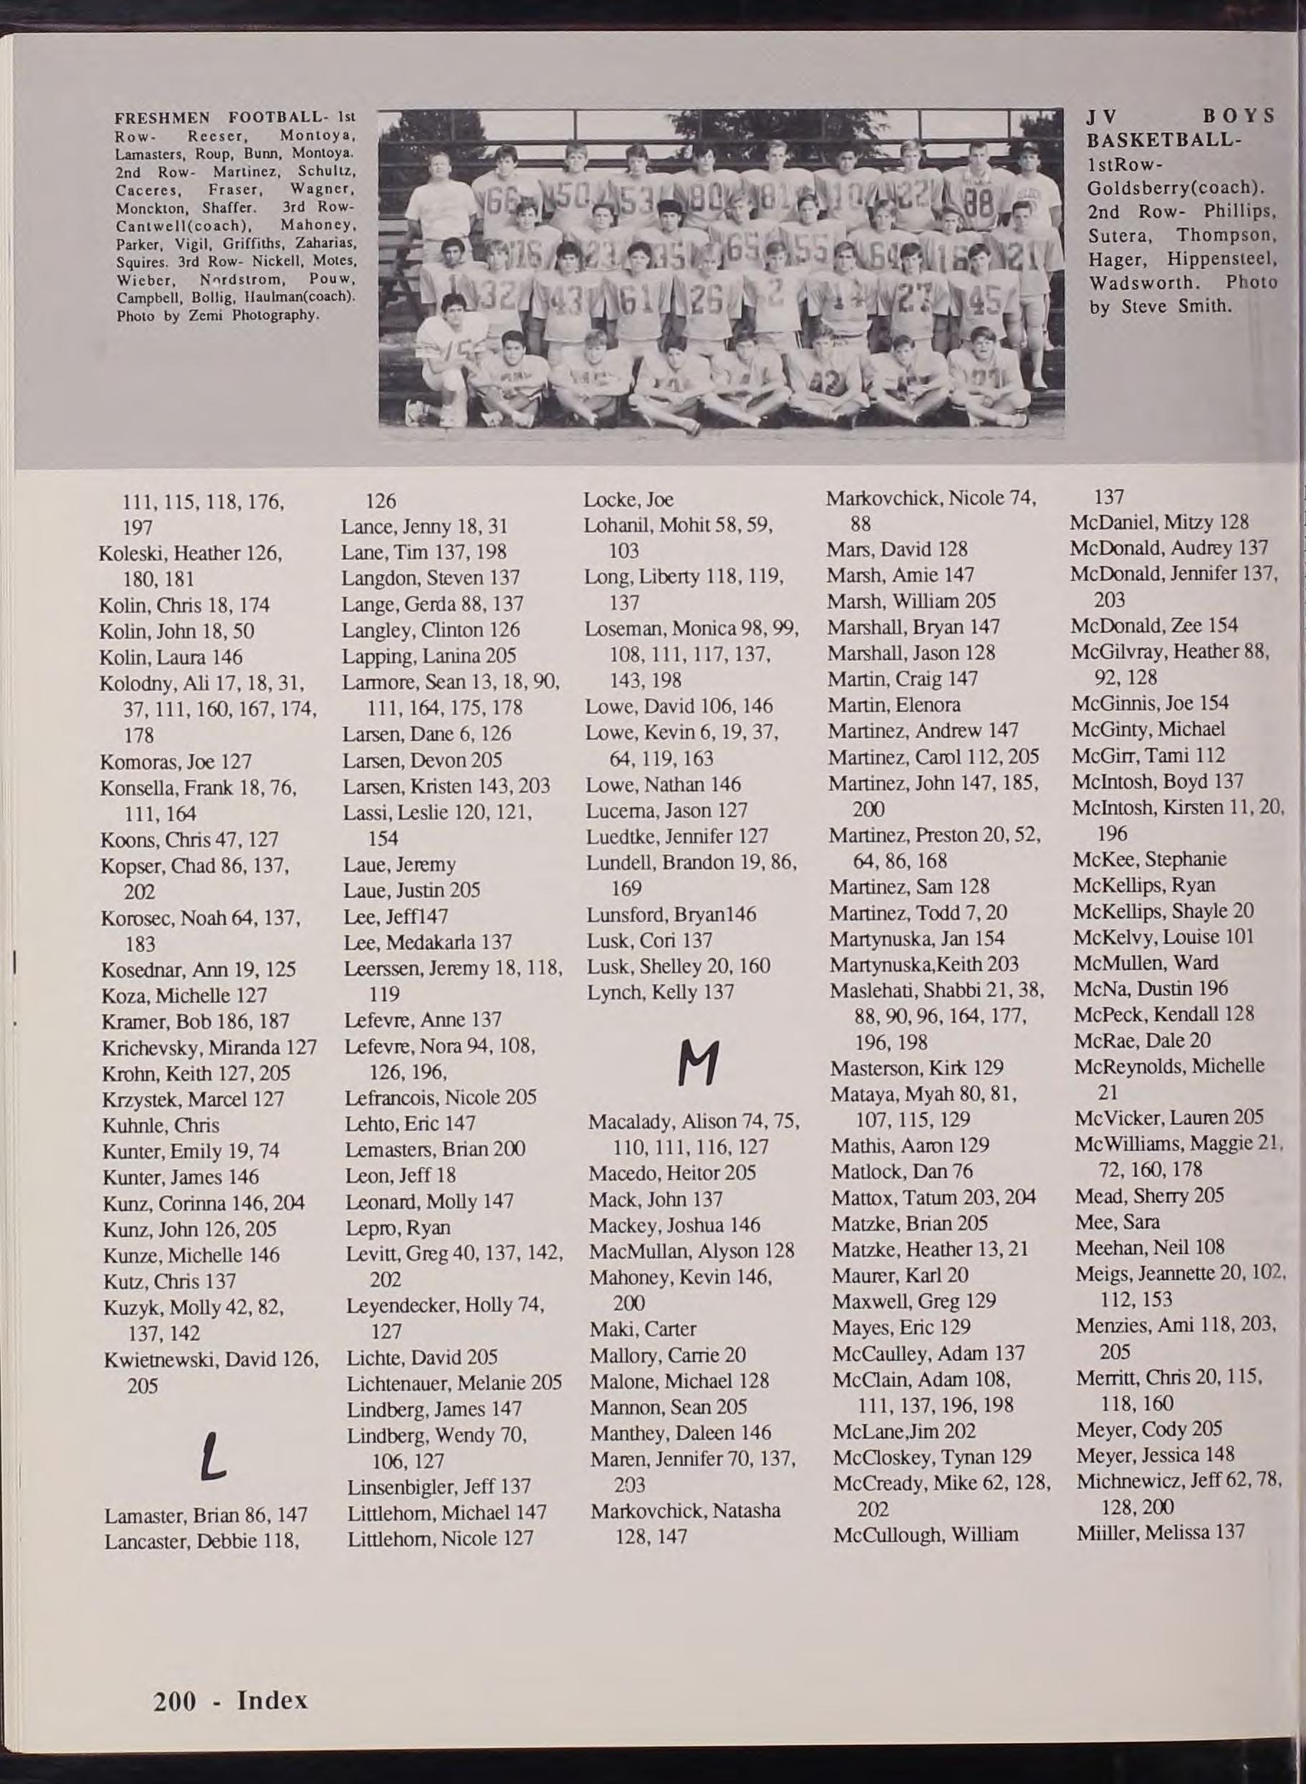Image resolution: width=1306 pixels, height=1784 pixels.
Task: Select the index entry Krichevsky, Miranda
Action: tap(209, 1047)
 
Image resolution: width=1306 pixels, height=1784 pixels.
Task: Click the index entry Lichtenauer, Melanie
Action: tap(454, 1383)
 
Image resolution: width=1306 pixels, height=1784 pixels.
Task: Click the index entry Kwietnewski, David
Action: tap(211, 1360)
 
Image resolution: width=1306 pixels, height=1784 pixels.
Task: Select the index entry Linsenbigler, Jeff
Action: tap(439, 1486)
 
